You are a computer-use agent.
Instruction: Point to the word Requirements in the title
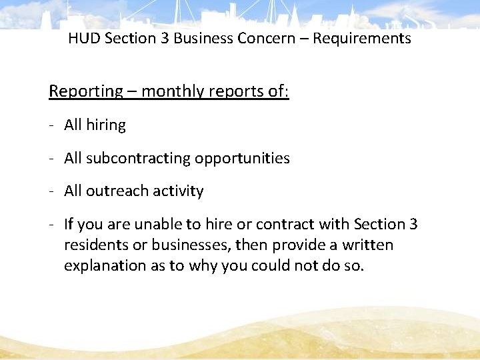pyautogui.click(x=362, y=39)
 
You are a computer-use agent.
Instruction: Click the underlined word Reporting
pyautogui.click(x=86, y=91)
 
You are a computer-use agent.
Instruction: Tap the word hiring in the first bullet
pyautogui.click(x=105, y=125)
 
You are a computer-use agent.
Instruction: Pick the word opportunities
pyautogui.click(x=242, y=159)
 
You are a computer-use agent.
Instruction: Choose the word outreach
pyautogui.click(x=113, y=191)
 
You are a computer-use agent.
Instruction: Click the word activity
pyautogui.click(x=178, y=191)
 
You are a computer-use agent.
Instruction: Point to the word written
pyautogui.click(x=367, y=245)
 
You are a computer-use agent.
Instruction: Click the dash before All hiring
pyautogui.click(x=52, y=125)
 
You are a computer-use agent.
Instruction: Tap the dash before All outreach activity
pyautogui.click(x=52, y=191)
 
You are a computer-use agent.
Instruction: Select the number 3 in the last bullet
pyautogui.click(x=413, y=225)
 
